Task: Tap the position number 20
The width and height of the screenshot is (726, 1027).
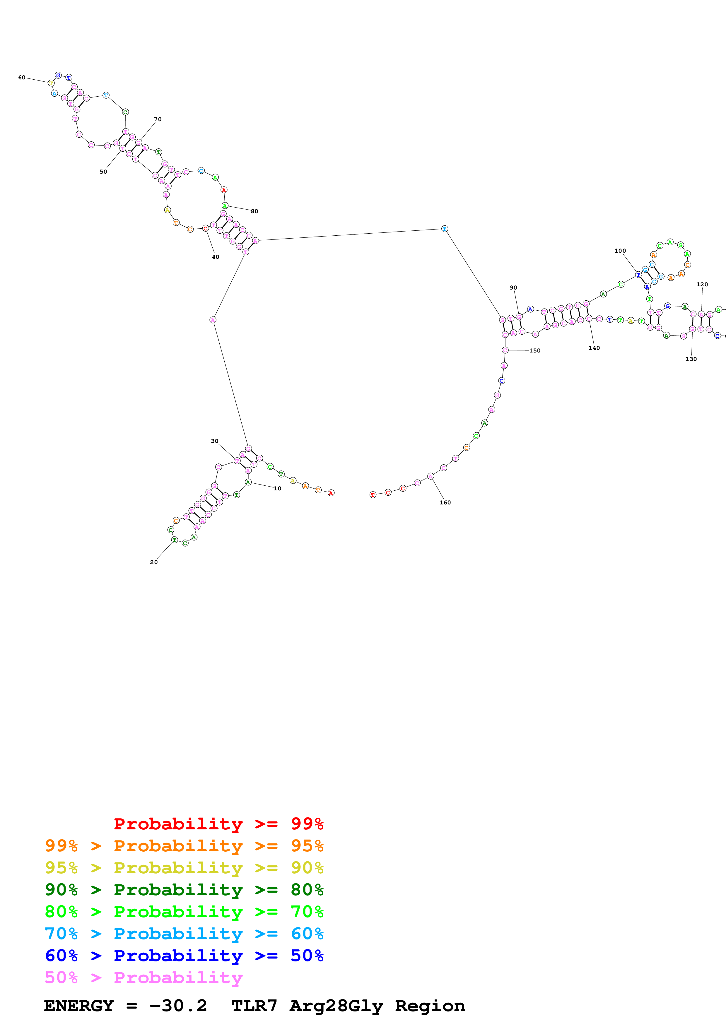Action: click(x=154, y=562)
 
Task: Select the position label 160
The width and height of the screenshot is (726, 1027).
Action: click(x=445, y=502)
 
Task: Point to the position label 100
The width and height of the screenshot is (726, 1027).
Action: click(x=620, y=251)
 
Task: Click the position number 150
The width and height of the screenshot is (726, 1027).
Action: click(x=535, y=351)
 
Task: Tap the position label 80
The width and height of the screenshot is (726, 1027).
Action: click(x=254, y=211)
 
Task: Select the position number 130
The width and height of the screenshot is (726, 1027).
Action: click(x=691, y=359)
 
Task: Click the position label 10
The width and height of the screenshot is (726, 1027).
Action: click(x=277, y=488)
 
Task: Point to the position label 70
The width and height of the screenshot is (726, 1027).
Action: click(x=158, y=119)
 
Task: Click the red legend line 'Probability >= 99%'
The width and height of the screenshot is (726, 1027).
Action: click(x=218, y=824)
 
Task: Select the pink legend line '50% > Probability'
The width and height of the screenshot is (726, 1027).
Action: click(x=143, y=978)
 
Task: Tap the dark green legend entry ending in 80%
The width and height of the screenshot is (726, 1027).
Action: click(x=184, y=890)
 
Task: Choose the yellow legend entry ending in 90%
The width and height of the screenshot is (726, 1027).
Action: click(x=184, y=868)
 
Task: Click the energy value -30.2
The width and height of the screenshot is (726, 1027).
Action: click(x=178, y=1006)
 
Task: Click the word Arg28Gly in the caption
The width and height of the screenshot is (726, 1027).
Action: click(x=336, y=1006)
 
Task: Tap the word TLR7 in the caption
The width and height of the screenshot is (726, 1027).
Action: click(x=254, y=1006)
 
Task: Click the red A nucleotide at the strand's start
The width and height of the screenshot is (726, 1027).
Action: click(x=331, y=493)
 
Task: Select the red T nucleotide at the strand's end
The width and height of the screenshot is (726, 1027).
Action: click(x=373, y=495)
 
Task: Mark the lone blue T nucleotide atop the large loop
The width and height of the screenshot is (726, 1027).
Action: click(x=444, y=229)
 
